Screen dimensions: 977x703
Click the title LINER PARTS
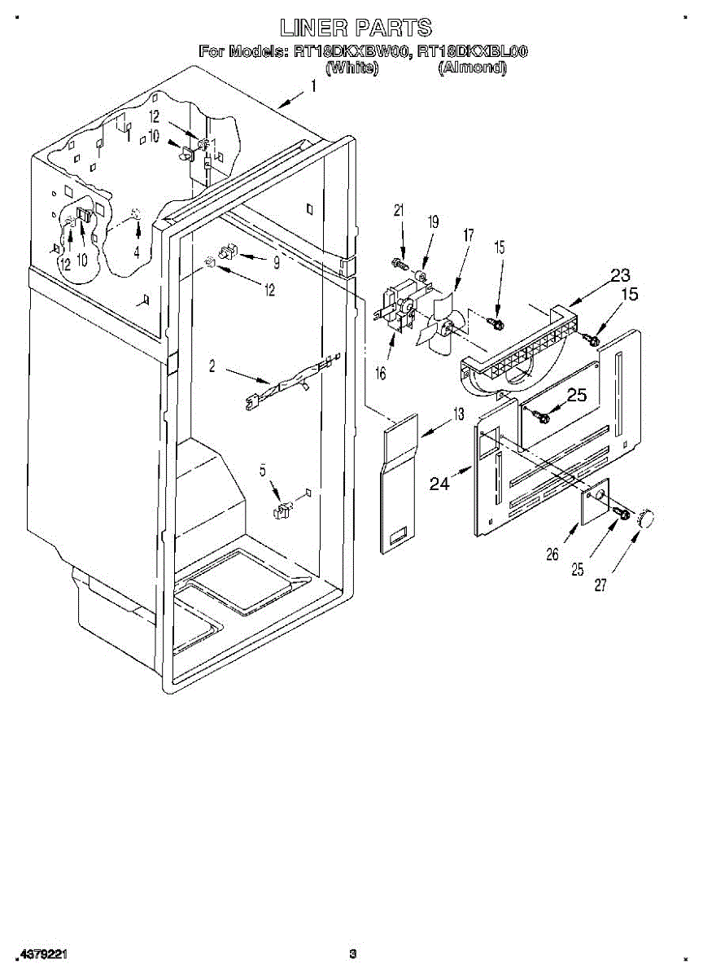coord(356,28)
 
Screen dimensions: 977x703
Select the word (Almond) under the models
coord(472,68)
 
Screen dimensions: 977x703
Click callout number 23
coord(620,275)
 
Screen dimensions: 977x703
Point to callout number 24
coord(439,484)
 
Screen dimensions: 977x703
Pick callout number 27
coord(600,584)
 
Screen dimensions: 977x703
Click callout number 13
coord(459,414)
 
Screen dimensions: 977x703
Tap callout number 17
coord(469,236)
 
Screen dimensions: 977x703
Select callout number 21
coord(399,210)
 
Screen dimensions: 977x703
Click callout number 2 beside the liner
coord(212,367)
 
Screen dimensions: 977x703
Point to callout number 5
coord(263,470)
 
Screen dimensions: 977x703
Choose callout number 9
coord(276,262)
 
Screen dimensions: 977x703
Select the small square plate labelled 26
coord(596,498)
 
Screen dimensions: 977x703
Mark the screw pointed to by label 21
coord(400,263)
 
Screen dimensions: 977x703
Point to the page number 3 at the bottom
coord(352,953)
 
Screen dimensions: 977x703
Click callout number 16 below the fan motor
coord(381,373)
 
